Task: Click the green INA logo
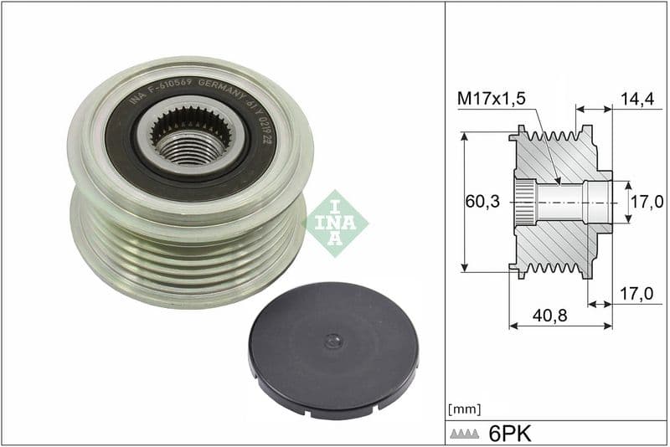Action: coord(335,223)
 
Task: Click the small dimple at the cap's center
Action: coord(333,340)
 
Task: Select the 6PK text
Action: coord(511,433)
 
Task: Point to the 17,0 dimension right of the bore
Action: coord(647,202)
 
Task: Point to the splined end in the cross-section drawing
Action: coord(523,202)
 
